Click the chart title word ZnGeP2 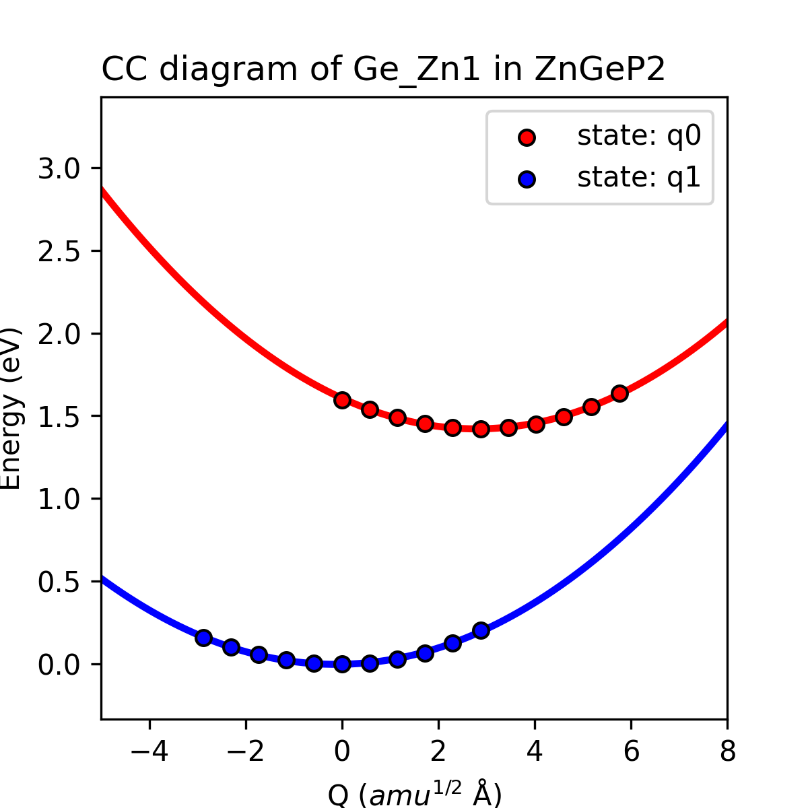click(x=599, y=70)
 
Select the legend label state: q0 click(x=638, y=136)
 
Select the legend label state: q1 click(x=638, y=178)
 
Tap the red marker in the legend click(x=527, y=137)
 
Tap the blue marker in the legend click(x=527, y=179)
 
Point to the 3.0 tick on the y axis click(x=64, y=168)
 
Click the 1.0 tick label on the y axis click(x=64, y=499)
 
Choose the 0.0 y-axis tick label click(x=64, y=665)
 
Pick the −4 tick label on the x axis click(x=149, y=751)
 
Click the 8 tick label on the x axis click(x=727, y=751)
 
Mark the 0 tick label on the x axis click(x=342, y=751)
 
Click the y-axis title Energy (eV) click(x=12, y=409)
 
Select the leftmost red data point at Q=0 click(x=342, y=401)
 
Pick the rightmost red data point click(x=620, y=393)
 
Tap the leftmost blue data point click(x=203, y=638)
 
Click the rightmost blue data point click(x=481, y=630)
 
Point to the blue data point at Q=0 click(x=342, y=664)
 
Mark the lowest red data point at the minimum click(x=481, y=429)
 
